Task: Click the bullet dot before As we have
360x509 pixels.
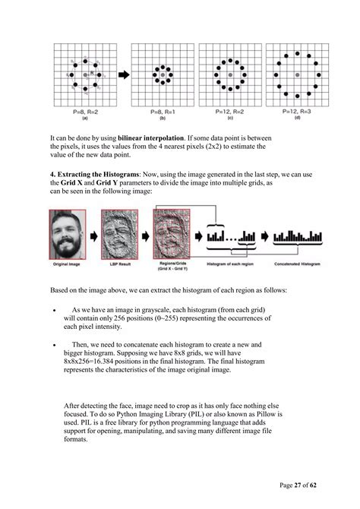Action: pyautogui.click(x=52, y=311)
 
